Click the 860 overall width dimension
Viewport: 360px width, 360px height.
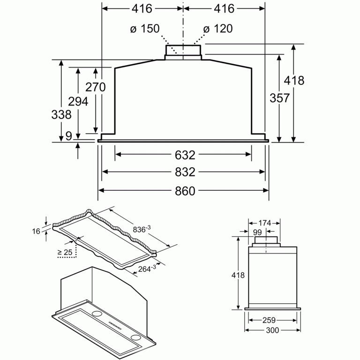(185, 190)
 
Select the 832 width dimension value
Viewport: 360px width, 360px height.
(185, 172)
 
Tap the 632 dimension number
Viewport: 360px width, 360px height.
(185, 154)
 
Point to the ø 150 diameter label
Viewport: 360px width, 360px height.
(145, 29)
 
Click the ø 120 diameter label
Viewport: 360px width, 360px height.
(218, 29)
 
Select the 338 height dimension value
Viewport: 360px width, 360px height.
(62, 114)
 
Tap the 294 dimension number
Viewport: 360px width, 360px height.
(78, 101)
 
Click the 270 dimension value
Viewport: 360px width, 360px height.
(96, 87)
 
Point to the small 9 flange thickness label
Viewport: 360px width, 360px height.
(69, 136)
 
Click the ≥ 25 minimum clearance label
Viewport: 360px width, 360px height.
(65, 253)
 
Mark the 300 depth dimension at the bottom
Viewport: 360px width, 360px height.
(272, 330)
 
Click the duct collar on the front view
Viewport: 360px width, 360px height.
(183, 52)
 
